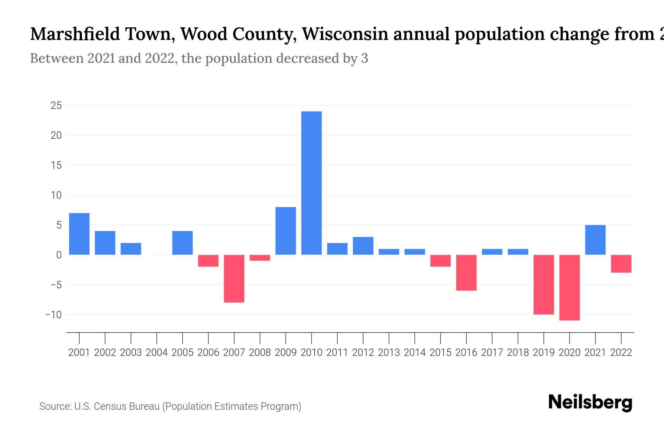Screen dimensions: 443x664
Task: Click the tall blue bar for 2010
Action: [x=311, y=183]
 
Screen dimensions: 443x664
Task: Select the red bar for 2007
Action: [x=234, y=279]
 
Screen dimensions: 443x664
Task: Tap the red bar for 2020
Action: [x=569, y=287]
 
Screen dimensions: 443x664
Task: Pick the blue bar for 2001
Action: [x=79, y=234]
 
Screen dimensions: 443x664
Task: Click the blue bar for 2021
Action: [x=595, y=240]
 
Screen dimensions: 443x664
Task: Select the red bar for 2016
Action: [x=466, y=272]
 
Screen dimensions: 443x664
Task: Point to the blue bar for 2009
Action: [x=286, y=231]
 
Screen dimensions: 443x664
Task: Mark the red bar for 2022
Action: [x=621, y=264]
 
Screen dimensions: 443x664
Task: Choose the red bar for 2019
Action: [x=543, y=284]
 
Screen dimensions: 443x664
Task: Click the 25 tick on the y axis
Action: [x=56, y=106]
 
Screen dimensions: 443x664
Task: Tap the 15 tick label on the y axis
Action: [x=56, y=165]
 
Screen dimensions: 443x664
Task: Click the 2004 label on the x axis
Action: [x=157, y=353]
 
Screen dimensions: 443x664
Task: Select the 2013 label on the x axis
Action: [x=389, y=353]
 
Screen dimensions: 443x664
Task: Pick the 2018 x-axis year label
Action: [x=518, y=353]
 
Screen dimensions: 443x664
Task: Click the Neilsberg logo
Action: [x=590, y=402]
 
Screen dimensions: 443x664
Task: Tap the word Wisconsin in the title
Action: [x=345, y=34]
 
